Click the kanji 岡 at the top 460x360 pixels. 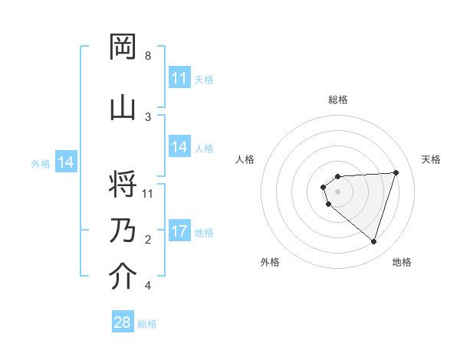123,47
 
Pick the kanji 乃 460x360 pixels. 123,231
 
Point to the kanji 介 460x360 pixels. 123,277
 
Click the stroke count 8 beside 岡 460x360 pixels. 148,56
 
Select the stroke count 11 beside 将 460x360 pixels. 148,193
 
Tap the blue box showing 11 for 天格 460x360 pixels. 179,78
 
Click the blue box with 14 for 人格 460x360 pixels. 179,147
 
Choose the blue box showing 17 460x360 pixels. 179,231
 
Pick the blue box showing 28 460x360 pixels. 123,322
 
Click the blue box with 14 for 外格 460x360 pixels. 66,162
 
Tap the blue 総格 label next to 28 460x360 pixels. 147,324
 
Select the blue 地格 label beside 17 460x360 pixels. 204,233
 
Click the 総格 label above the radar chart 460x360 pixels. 338,100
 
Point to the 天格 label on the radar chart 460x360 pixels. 431,159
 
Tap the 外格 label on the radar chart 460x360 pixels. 270,262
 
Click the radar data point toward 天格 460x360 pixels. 396,172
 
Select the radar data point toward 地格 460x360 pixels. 373,241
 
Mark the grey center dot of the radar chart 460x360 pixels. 337,191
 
